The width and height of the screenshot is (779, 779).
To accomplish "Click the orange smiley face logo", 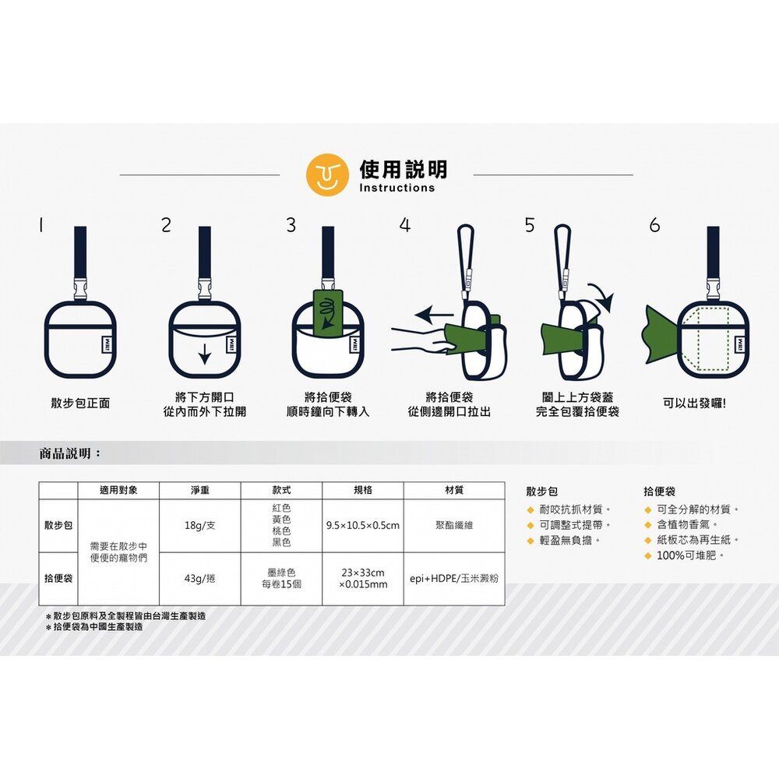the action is pos(327,174).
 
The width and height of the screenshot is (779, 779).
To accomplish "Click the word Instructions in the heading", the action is pos(397,188).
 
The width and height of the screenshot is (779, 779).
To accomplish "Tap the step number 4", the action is pos(405,225).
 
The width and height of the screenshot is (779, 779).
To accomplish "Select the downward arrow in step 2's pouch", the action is pos(204,353).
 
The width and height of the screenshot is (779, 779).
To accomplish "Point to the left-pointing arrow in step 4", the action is pos(434,314).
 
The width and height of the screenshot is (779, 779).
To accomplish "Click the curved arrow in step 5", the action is pos(602,297).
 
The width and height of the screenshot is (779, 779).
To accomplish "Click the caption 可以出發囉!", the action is pos(695,403).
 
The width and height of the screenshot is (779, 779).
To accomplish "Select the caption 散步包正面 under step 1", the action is pos(80,403).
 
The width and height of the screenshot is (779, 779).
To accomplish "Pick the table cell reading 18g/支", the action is pos(199,525).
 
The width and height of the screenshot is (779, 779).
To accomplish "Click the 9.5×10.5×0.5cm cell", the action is pos(363,525).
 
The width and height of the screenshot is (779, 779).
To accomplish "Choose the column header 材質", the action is pos(454,490).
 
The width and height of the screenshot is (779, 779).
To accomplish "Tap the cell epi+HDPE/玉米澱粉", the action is pos(454,578).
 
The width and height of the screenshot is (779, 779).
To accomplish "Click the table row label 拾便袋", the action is pos(58,578).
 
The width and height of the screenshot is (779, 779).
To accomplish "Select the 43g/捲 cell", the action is pos(199,578).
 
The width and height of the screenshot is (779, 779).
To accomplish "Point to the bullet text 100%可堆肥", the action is pos(686,555).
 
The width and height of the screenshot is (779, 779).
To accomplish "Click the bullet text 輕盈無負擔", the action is pos(566,540).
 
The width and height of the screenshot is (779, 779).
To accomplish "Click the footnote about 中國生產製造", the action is pos(94,627).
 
